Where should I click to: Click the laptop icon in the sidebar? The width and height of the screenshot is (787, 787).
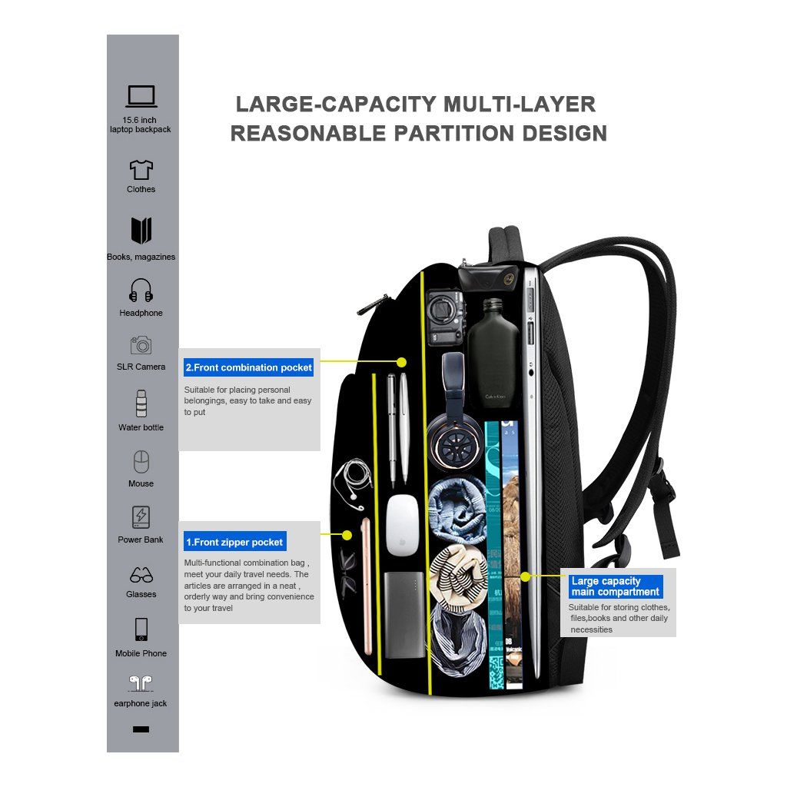141,96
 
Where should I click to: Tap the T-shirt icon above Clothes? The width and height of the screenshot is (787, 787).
141,169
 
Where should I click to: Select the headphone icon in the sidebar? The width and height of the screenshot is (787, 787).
141,291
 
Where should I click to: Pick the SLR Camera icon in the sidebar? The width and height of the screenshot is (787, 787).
141,345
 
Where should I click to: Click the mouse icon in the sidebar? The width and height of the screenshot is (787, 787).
141,462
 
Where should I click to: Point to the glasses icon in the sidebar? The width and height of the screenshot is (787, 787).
141,575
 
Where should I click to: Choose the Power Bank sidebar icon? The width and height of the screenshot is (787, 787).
141,516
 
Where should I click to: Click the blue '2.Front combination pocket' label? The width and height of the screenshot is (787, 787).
249,367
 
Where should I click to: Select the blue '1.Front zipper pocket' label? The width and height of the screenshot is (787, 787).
234,542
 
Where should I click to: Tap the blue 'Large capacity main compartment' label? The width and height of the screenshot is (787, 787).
615,586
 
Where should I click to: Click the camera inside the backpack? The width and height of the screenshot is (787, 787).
446,316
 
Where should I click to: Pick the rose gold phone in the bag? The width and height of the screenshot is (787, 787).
367,584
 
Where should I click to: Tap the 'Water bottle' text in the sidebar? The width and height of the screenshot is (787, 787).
141,427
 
